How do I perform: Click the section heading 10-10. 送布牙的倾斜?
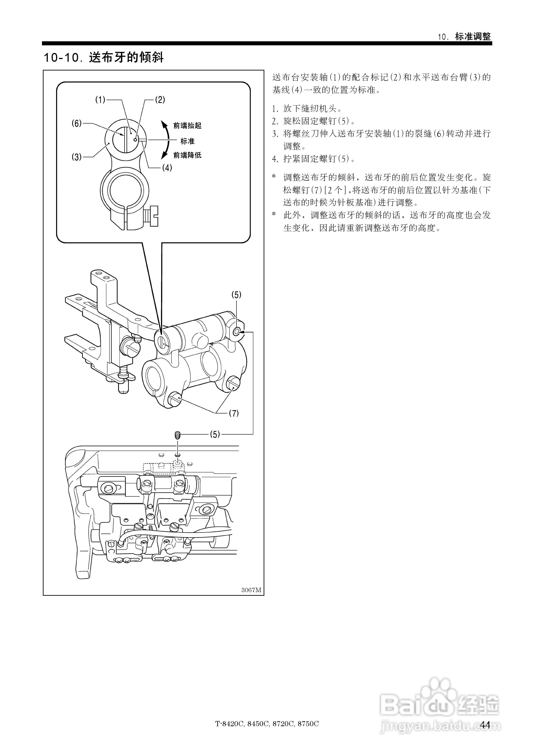click(x=104, y=58)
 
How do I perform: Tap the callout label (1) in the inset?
click(x=100, y=100)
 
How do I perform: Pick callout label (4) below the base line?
click(x=167, y=168)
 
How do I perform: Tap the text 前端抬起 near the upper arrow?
click(x=187, y=125)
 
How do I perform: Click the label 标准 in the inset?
click(x=187, y=141)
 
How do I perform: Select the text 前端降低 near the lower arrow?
click(x=187, y=155)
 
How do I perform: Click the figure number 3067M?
click(x=251, y=590)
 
